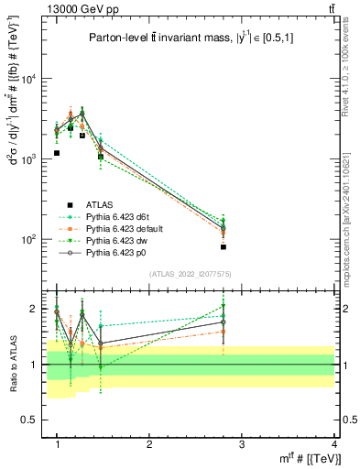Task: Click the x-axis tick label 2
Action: click(x=149, y=444)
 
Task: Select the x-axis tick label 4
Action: click(x=333, y=444)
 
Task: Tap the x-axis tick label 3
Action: click(x=241, y=444)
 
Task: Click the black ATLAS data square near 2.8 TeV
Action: click(x=224, y=247)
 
